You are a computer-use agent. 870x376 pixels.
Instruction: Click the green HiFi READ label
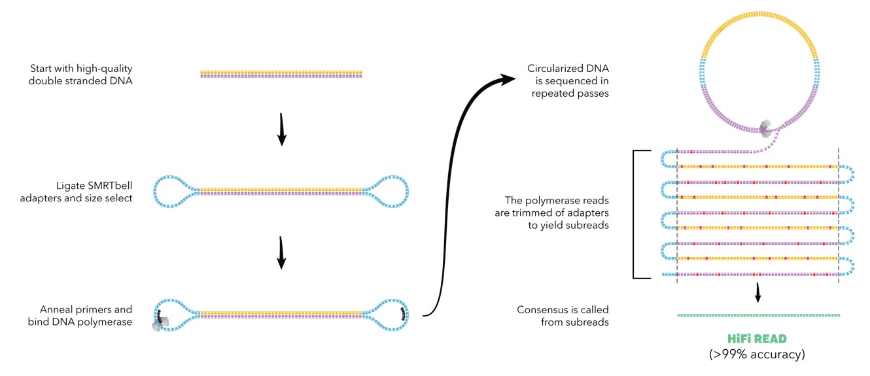tap(757, 339)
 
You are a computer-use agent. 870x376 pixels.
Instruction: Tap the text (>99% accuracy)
tap(757, 355)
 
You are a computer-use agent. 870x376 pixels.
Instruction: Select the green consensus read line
tap(757, 315)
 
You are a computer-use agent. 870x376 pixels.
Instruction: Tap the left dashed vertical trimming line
tap(677, 216)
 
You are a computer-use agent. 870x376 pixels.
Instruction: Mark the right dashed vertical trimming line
tap(838, 216)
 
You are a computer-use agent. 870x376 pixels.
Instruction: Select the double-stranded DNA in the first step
tap(281, 74)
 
